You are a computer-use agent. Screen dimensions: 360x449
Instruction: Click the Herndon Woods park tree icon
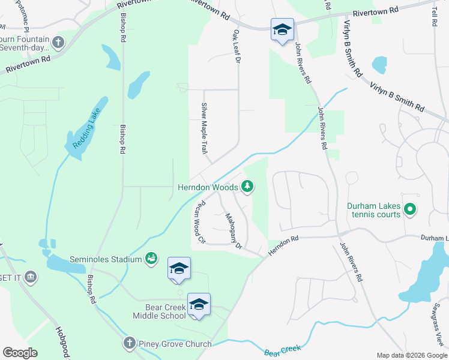pos(247,187)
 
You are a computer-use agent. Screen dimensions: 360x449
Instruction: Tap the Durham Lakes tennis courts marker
pos(410,209)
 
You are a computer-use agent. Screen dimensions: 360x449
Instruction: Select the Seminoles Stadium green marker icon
pos(151,259)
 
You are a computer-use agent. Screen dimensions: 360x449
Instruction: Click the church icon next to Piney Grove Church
pos(129,344)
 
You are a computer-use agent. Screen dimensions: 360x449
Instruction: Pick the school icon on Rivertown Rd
pos(282,29)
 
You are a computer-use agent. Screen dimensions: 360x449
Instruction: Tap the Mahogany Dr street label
pos(233,230)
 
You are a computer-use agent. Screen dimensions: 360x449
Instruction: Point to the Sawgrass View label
pos(442,331)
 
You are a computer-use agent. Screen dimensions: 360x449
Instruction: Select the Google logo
pos(20,353)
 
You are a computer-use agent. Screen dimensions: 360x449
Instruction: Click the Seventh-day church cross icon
pos(58,42)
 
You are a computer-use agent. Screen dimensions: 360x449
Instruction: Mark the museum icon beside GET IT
pos(30,277)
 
